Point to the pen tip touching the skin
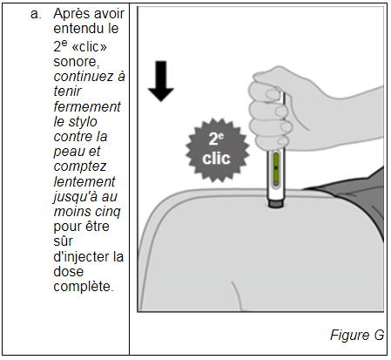275,204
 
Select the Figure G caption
357,336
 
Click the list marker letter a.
34,15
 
